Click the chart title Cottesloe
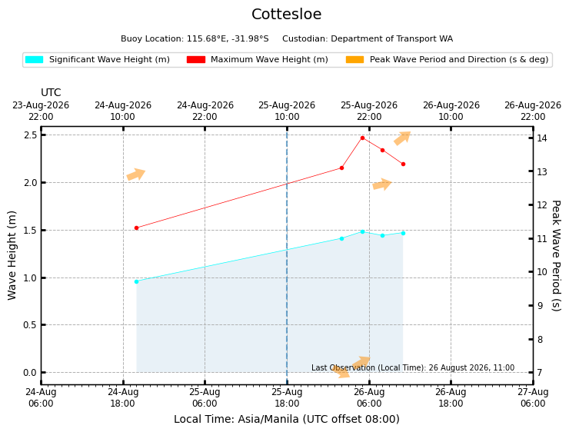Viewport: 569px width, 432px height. (x=286, y=14)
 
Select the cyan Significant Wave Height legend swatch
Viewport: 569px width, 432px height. (x=34, y=59)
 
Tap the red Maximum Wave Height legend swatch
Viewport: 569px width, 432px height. (x=196, y=59)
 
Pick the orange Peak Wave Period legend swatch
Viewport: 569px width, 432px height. (x=355, y=59)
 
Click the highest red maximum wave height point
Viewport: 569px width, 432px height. (x=362, y=138)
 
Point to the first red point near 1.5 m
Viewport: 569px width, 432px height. (x=136, y=228)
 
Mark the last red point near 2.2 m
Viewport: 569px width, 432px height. (x=403, y=164)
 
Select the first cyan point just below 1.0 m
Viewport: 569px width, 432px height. (x=136, y=281)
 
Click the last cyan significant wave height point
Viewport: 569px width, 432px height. (x=403, y=233)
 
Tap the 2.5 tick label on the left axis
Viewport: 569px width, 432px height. (x=31, y=135)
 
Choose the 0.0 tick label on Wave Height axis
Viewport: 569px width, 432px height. (x=31, y=373)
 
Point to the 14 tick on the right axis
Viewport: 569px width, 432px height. (x=542, y=138)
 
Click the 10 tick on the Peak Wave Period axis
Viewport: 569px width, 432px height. (x=542, y=271)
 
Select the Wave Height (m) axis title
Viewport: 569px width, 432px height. (x=12, y=255)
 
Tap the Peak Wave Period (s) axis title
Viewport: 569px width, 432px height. (x=556, y=256)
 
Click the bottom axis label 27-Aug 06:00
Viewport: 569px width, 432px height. (x=533, y=398)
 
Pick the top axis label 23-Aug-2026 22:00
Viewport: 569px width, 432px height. (x=41, y=111)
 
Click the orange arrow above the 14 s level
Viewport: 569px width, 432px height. (x=402, y=138)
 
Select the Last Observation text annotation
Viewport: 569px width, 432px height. (x=413, y=367)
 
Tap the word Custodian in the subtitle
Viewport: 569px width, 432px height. (x=304, y=38)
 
